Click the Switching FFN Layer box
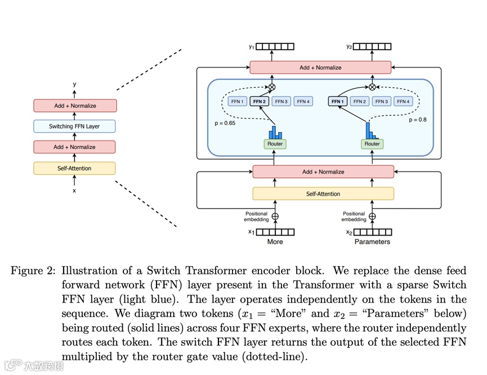[74, 126]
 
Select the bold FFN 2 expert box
[260, 102]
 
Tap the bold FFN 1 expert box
[337, 102]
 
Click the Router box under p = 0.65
[275, 144]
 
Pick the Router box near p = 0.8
[372, 144]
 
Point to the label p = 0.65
[225, 122]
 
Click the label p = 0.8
[417, 120]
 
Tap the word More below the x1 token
[275, 242]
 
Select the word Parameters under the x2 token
[372, 242]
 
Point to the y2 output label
[350, 47]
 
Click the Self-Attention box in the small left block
[74, 168]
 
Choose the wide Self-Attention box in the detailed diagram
[323, 194]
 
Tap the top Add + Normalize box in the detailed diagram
[320, 67]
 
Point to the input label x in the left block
[74, 191]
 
